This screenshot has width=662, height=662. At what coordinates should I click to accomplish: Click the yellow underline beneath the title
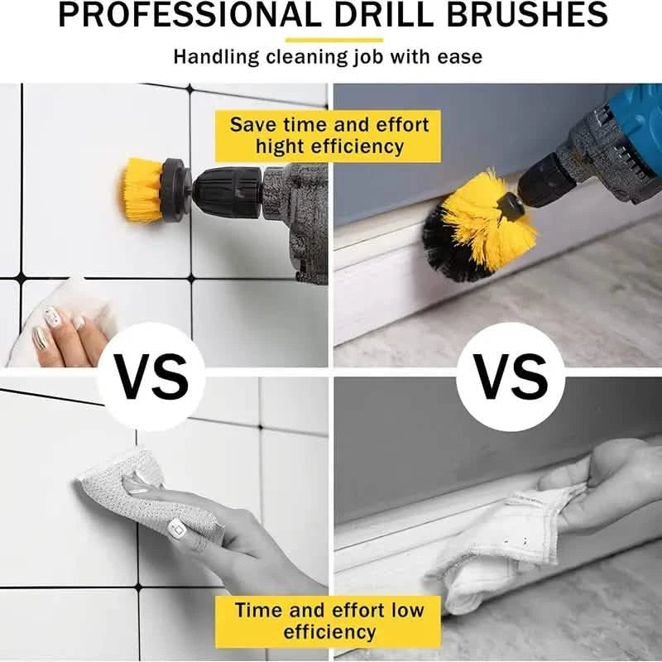pyautogui.click(x=333, y=39)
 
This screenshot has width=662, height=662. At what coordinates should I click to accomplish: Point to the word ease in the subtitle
pyautogui.click(x=459, y=57)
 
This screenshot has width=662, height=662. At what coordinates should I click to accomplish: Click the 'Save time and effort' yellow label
pyautogui.click(x=329, y=126)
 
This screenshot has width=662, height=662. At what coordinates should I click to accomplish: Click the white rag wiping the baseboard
pyautogui.click(x=496, y=554)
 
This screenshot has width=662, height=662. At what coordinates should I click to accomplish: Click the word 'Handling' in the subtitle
pyautogui.click(x=214, y=57)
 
